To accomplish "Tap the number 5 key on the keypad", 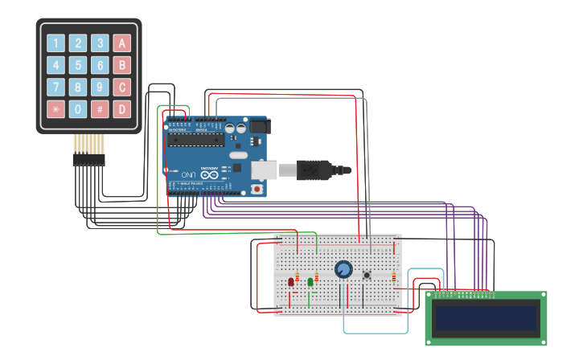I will pyautogui.click(x=78, y=65).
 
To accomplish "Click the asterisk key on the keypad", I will pyautogui.click(x=55, y=108).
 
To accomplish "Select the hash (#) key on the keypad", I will pyautogui.click(x=100, y=108).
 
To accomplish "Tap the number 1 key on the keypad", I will pyautogui.click(x=55, y=43).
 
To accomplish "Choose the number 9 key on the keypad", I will pyautogui.click(x=100, y=87).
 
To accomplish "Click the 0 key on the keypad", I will pyautogui.click(x=78, y=108).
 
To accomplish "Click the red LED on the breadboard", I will pyautogui.click(x=291, y=281).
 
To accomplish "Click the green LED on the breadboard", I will pyautogui.click(x=310, y=281).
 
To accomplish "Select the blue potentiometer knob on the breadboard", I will pyautogui.click(x=343, y=269).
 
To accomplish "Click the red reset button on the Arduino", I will pyautogui.click(x=257, y=189).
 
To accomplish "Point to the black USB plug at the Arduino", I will pyautogui.click(x=322, y=170).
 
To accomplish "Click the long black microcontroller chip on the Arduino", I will pyautogui.click(x=195, y=139).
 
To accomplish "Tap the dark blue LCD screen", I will pyautogui.click(x=486, y=319).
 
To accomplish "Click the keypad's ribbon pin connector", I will pyautogui.click(x=88, y=159).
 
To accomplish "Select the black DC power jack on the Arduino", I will pyautogui.click(x=258, y=126).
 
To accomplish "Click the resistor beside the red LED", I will pyautogui.click(x=298, y=279).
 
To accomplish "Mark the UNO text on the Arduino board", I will pyautogui.click(x=187, y=174).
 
